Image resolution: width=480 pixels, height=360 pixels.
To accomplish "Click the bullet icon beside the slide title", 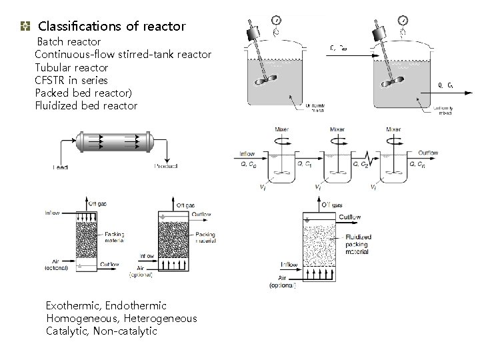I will pyautogui.click(x=25, y=27).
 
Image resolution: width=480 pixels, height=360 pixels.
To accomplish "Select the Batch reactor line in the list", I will pyautogui.click(x=69, y=42).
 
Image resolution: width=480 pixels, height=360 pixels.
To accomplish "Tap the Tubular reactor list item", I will pyautogui.click(x=71, y=67).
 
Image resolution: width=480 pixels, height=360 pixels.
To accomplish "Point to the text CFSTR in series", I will pyautogui.click(x=71, y=80).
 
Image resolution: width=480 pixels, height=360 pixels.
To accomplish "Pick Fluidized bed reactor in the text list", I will pyautogui.click(x=86, y=105).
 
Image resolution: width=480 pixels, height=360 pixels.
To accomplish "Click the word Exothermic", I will pyautogui.click(x=73, y=305).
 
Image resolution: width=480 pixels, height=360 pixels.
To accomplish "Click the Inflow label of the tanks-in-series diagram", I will pyautogui.click(x=247, y=153).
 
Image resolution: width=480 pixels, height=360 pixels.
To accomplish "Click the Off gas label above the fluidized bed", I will pyautogui.click(x=334, y=205).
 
